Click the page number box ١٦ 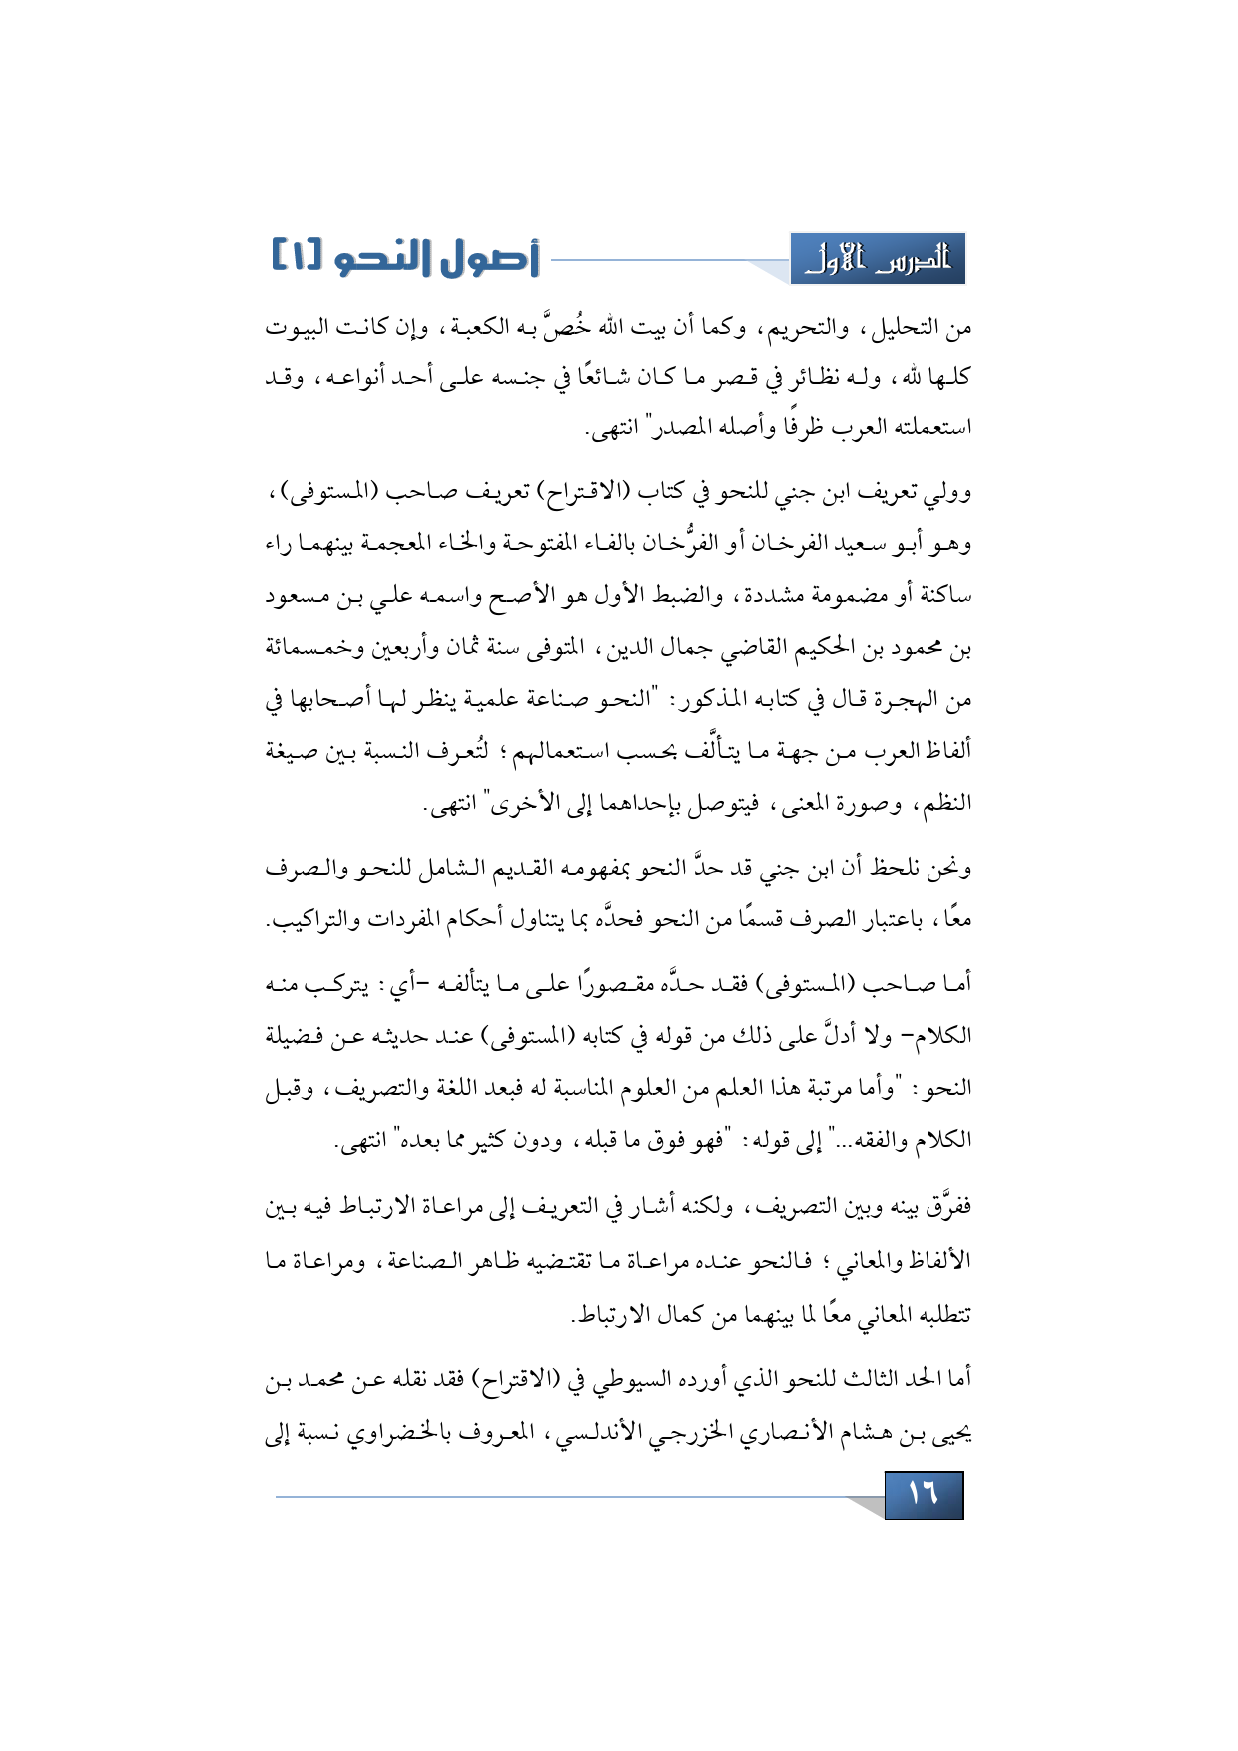pos(924,1494)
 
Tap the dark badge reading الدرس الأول pos(878,259)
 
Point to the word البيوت pos(297,327)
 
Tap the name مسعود pos(299,597)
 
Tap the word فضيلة pos(299,1036)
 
